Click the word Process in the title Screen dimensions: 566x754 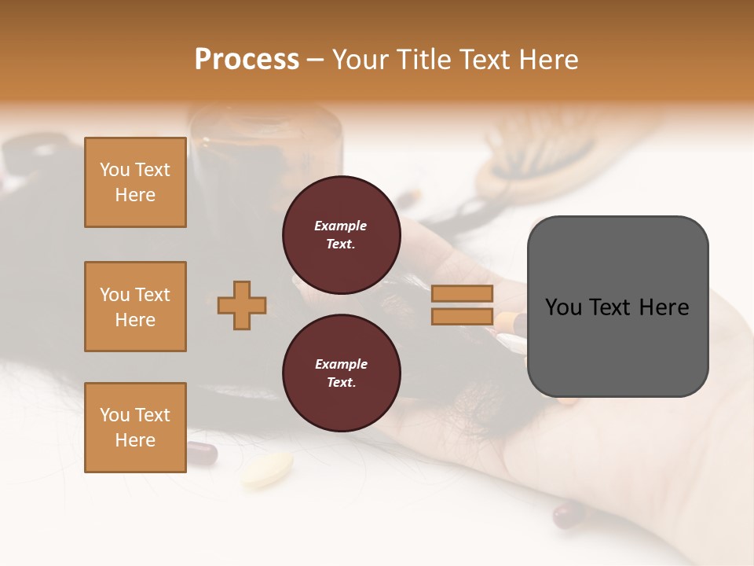tap(247, 60)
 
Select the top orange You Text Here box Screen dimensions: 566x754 tap(135, 182)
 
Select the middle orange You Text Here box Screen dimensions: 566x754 tap(135, 307)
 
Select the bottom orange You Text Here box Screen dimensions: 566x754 tap(135, 427)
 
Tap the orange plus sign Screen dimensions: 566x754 tap(242, 305)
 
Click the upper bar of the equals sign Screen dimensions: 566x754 tap(463, 293)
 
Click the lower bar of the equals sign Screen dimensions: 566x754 tap(463, 317)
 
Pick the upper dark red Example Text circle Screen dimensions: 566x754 tap(341, 234)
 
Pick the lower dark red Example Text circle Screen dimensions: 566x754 tap(341, 373)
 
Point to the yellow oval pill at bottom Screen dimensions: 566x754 tap(266, 469)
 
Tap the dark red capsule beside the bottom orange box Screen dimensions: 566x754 tap(202, 453)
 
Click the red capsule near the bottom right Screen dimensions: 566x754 tap(569, 515)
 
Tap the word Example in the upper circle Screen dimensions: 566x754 tap(340, 226)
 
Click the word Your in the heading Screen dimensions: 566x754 tap(361, 60)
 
